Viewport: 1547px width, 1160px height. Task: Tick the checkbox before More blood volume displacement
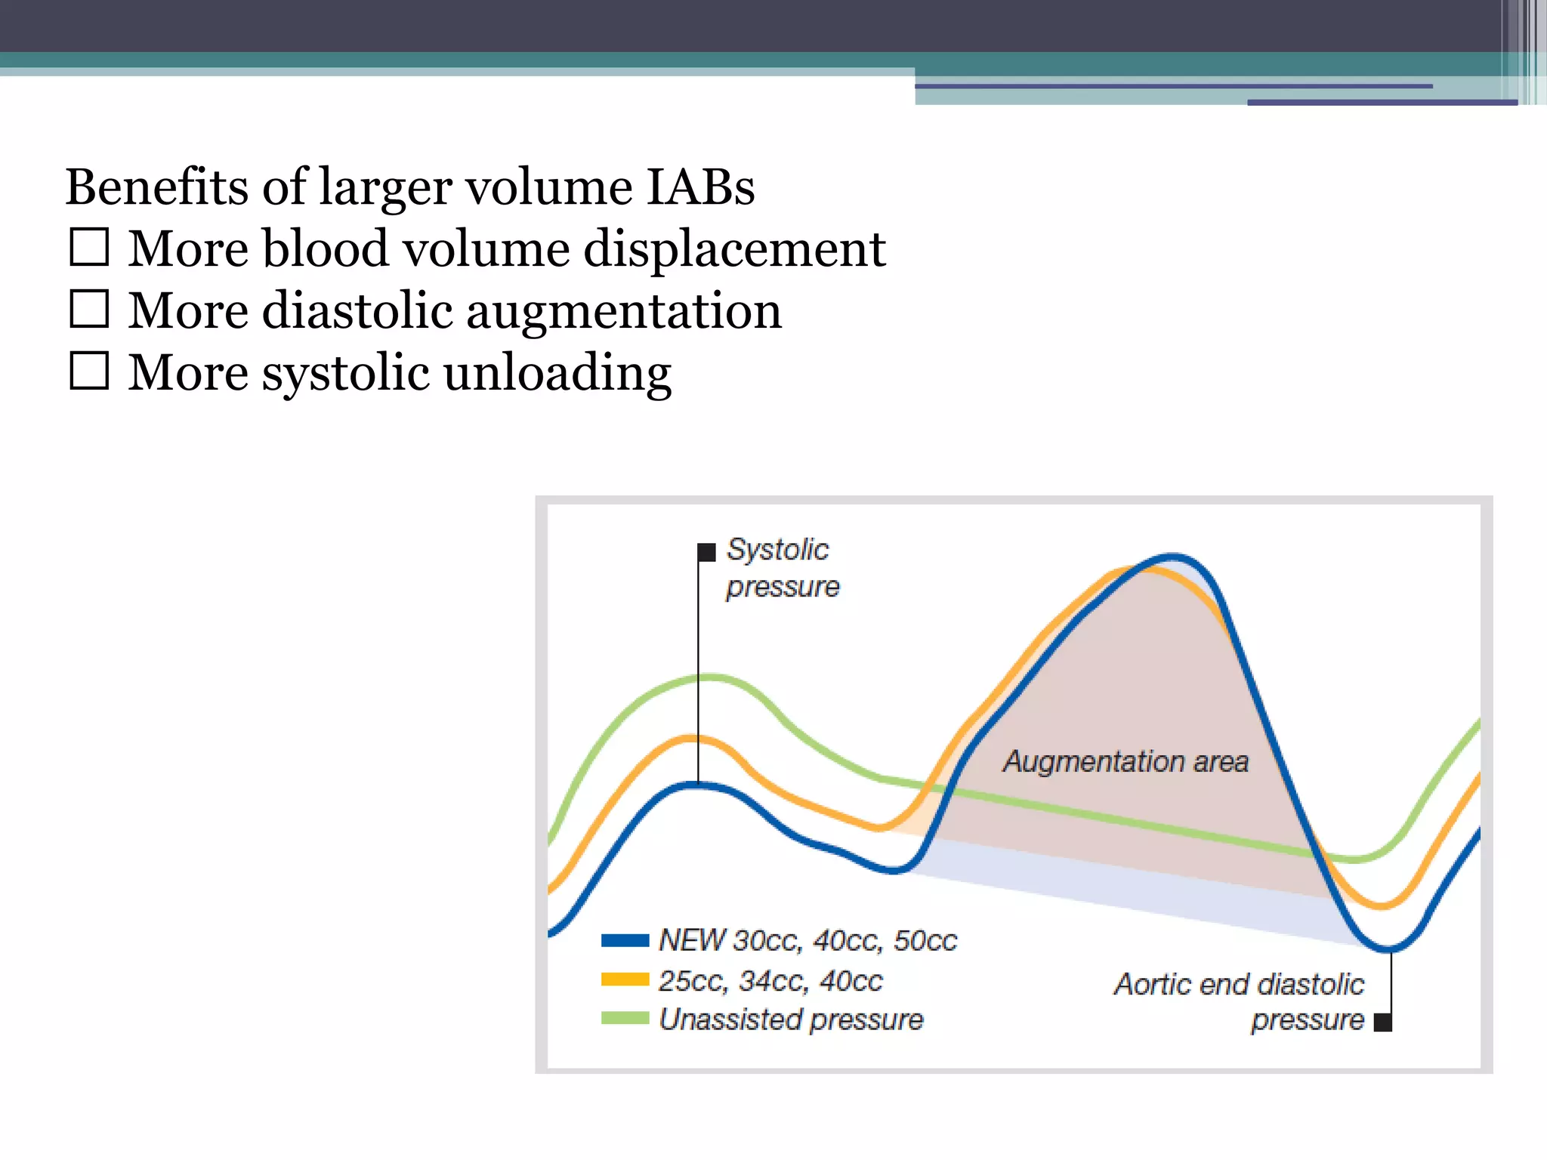[x=89, y=248]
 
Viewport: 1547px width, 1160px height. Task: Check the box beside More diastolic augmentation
[x=89, y=310]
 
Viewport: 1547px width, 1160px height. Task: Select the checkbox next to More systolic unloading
[x=89, y=372]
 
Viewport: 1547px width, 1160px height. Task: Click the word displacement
[x=734, y=249]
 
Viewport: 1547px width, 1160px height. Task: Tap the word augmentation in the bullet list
[x=623, y=311]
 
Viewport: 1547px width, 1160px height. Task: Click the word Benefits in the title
[x=156, y=187]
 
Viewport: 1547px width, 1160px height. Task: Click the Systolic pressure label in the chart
[x=782, y=568]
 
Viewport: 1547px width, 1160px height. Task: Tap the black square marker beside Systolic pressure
[x=706, y=552]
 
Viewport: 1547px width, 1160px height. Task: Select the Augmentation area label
[x=1126, y=761]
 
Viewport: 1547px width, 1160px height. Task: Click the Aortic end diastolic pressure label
[x=1239, y=1001]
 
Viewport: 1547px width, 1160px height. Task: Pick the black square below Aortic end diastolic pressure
[x=1382, y=1023]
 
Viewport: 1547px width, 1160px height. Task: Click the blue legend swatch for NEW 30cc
[x=625, y=940]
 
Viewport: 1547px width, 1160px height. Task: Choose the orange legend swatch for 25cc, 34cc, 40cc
[x=625, y=980]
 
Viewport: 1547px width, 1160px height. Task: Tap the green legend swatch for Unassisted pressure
[x=625, y=1019]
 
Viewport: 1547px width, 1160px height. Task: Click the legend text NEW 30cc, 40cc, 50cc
[x=807, y=940]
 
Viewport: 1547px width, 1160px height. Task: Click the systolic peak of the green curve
[x=706, y=677]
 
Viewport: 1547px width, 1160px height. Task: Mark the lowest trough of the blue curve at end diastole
[x=1388, y=949]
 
